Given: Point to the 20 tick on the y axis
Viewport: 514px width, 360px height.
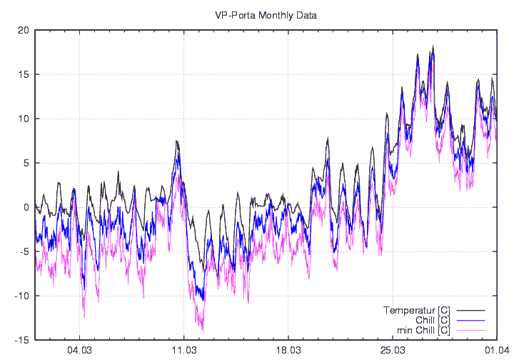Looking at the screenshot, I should pos(24,30).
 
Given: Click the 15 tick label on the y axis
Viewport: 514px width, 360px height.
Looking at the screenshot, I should pos(24,74).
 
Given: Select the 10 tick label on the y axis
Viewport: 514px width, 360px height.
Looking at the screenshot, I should pos(24,119).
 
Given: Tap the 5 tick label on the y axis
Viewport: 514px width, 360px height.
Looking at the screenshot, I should pos(26,163).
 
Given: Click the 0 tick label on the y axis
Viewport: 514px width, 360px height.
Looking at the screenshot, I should pos(26,207).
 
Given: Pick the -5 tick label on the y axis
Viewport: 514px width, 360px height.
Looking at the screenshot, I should pos(24,251).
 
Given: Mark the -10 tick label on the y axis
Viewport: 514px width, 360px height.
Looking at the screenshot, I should pos(21,296).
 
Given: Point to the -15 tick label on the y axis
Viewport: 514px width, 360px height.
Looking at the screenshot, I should pos(21,340).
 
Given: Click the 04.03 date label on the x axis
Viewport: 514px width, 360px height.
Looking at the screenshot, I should pos(79,350).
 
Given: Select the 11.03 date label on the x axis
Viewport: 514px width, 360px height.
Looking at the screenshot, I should pos(184,350).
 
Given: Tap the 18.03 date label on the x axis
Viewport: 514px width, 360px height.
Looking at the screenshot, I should pos(288,350).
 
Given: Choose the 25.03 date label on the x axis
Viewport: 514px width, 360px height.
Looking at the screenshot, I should pos(393,350).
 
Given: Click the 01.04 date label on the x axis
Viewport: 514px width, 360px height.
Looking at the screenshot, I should pos(496,350).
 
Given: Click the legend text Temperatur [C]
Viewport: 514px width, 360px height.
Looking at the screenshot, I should pos(416,310).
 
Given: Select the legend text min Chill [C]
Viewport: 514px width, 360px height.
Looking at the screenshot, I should pos(422,330).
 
